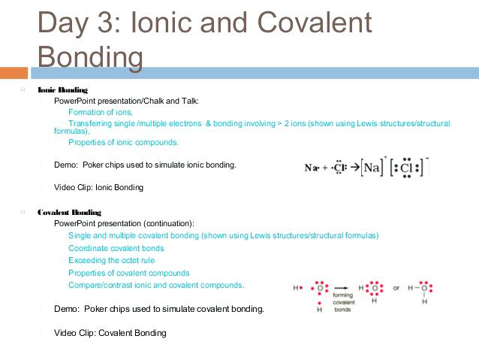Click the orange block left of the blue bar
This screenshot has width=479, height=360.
pos(14,73)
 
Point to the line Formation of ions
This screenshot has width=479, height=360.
pos(100,111)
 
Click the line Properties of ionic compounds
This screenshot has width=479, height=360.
pos(123,142)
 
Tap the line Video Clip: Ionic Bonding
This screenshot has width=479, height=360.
pos(98,187)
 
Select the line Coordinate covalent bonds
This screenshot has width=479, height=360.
pos(116,248)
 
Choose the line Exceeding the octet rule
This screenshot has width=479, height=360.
pos(111,260)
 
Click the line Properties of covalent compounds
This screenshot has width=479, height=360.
pos(128,273)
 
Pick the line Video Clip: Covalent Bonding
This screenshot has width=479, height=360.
pos(110,333)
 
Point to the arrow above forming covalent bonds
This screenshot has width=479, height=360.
pos(342,288)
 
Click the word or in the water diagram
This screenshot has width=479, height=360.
pos(396,287)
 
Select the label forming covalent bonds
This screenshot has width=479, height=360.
pos(342,302)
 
